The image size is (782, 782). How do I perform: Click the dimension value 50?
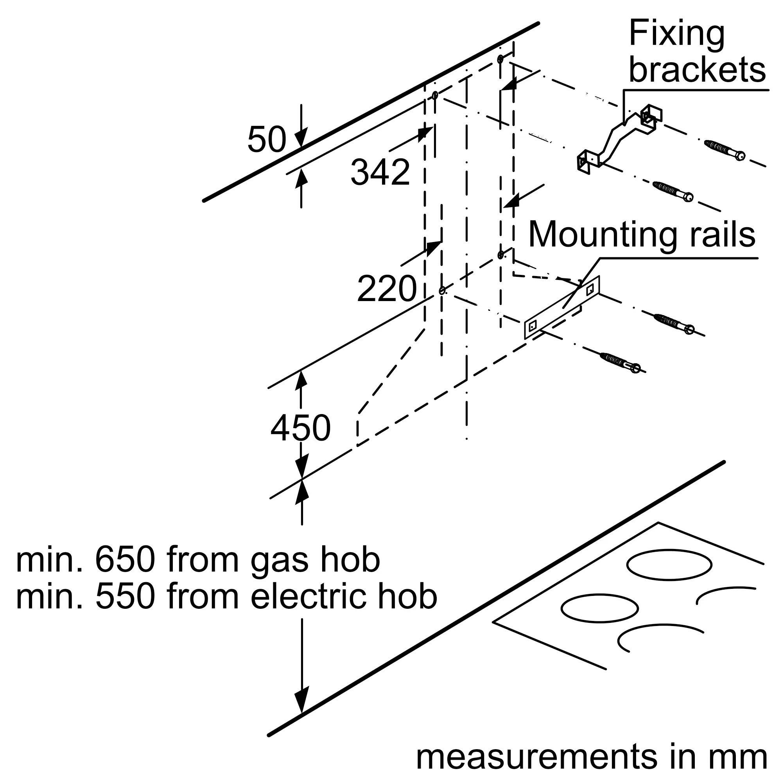point(267,140)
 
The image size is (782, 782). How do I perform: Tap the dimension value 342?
point(380,172)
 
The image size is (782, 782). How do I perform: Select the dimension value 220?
point(387,289)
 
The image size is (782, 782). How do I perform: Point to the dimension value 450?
point(300,428)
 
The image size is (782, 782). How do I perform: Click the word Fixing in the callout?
point(676,35)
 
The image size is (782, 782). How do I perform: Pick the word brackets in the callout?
point(697,70)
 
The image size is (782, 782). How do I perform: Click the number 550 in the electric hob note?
point(125,597)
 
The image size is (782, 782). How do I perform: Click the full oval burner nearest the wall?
point(669,565)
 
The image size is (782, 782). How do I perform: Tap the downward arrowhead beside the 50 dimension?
point(301,138)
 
